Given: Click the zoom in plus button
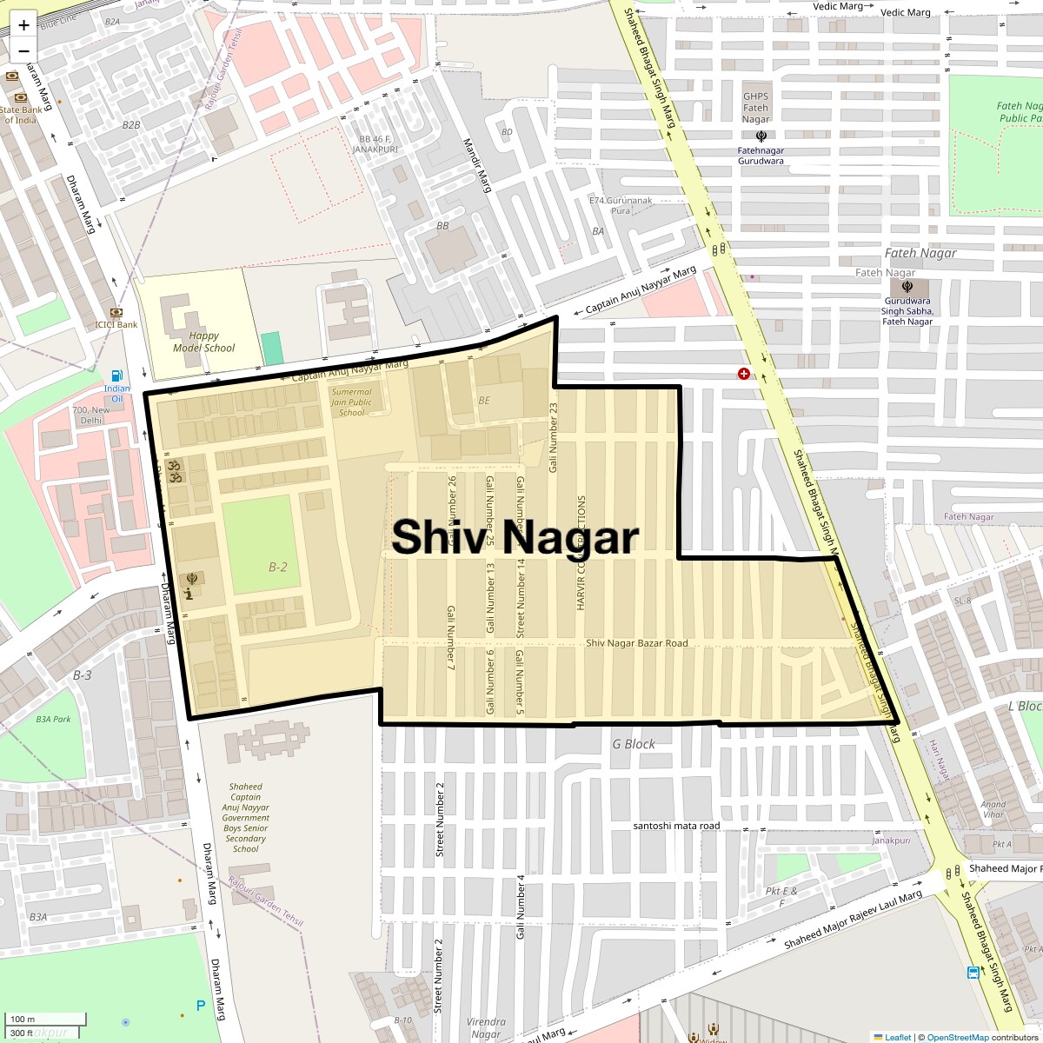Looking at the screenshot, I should [x=23, y=25].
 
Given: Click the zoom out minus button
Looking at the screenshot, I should [x=23, y=50].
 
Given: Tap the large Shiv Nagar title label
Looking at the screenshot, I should [x=515, y=537].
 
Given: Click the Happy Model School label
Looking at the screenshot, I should [x=203, y=342].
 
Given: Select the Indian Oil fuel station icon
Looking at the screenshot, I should [x=116, y=375].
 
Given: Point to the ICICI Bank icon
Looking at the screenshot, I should [x=116, y=312].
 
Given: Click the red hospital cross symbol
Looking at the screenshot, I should [x=743, y=374].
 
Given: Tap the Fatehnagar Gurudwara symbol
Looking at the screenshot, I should [x=761, y=136].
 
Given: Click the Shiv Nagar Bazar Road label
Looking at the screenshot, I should [x=636, y=643].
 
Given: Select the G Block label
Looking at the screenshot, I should [x=634, y=744].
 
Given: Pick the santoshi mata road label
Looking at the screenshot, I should [x=676, y=826].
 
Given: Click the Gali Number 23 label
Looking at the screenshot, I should [x=553, y=438].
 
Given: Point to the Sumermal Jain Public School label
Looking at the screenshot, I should [x=351, y=402].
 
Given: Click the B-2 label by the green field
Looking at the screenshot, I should [x=277, y=568].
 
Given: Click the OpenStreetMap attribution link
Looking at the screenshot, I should [x=957, y=1037].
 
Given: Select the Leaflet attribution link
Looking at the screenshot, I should [x=897, y=1037].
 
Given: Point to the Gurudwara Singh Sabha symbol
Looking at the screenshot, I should [x=907, y=286].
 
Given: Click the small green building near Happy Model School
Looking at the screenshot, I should [x=272, y=348].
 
